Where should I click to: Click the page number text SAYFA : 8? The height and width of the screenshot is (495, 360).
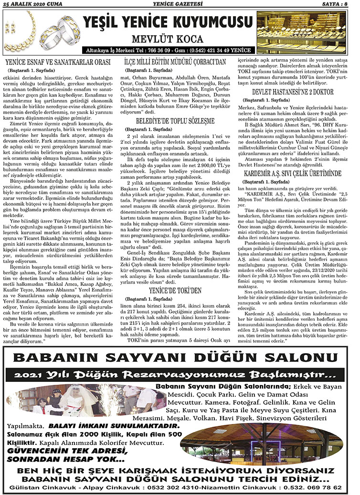339,4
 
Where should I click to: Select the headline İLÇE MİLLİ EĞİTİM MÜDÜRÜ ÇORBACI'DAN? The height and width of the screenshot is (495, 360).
175,62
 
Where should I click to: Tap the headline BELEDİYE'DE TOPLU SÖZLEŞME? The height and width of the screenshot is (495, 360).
175,121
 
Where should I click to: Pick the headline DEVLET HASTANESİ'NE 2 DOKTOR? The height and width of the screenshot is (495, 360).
292,92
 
